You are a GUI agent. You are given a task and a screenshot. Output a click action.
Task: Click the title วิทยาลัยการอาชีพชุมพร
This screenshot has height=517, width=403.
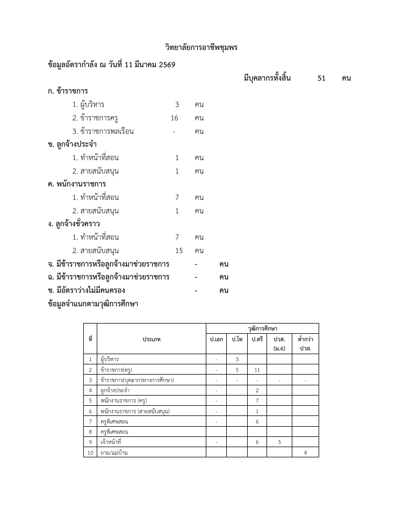tap(201, 48)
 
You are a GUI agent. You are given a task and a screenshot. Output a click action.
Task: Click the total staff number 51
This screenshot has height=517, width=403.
tap(321, 78)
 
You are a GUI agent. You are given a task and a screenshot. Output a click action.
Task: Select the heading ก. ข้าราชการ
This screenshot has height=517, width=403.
tap(68, 91)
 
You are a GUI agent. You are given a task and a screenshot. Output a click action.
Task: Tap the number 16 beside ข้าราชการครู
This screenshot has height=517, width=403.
tap(174, 118)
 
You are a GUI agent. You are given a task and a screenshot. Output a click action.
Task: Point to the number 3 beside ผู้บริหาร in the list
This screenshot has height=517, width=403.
tap(177, 104)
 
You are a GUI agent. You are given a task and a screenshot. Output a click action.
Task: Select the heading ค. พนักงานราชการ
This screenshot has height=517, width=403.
tap(77, 184)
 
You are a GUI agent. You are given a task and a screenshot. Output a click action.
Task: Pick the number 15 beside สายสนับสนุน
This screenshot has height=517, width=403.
tap(179, 250)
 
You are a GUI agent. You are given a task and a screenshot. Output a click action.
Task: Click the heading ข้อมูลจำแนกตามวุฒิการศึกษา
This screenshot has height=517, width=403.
tap(93, 304)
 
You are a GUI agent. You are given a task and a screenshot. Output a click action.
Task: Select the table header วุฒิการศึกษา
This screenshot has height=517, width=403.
tap(262, 328)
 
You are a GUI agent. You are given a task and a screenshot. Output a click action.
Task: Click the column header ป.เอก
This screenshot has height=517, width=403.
tap(216, 340)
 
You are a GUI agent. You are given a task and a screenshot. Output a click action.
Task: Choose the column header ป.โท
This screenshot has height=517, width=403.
tap(236, 340)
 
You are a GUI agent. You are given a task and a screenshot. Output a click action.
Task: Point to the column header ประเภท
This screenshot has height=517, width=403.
tap(152, 340)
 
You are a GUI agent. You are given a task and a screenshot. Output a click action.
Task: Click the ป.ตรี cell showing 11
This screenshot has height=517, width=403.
tap(257, 370)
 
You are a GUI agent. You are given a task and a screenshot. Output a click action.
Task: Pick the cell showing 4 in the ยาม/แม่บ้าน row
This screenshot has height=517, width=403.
tap(305, 453)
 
